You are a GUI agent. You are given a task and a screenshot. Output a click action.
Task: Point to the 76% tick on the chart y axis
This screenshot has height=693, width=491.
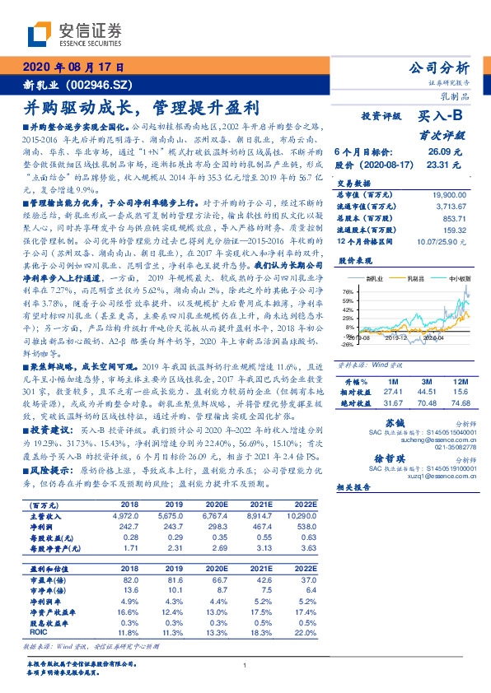click(x=347, y=291)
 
